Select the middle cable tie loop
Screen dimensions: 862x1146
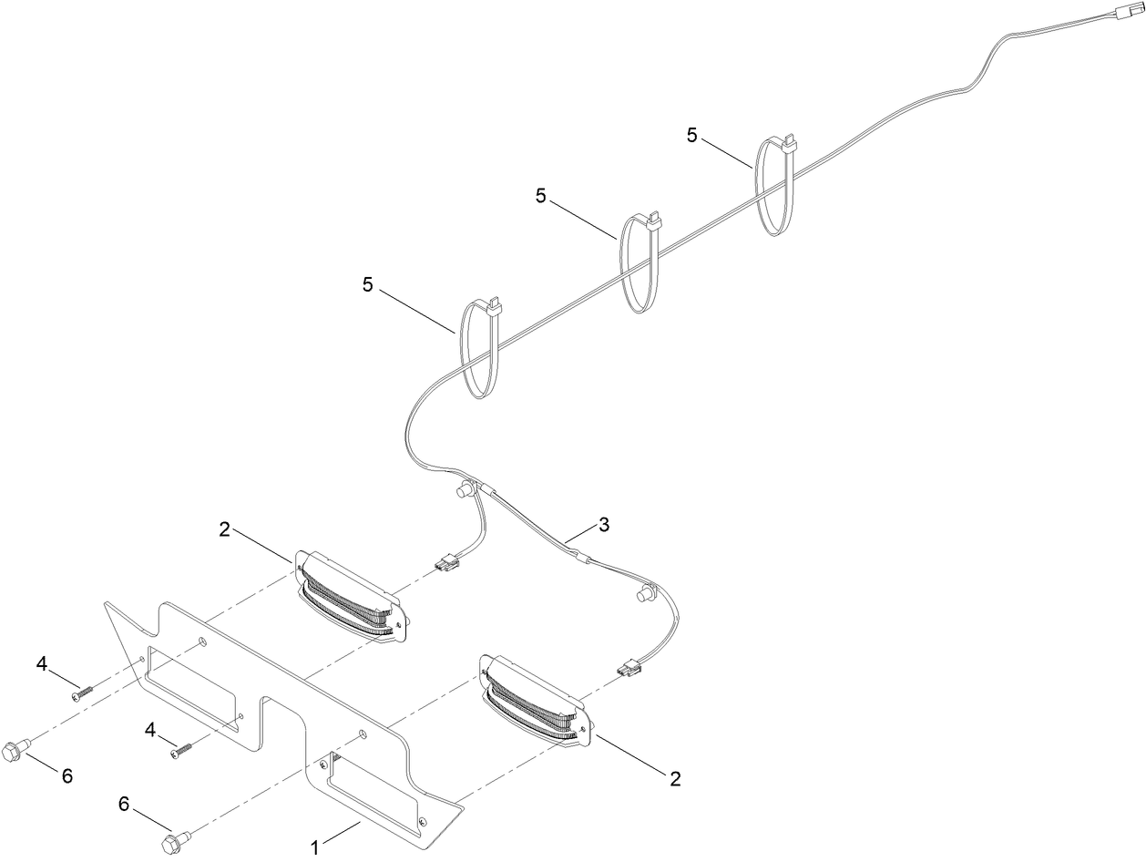[x=640, y=264]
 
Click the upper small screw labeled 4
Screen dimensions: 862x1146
[x=82, y=693]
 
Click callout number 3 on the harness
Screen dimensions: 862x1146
[x=604, y=526]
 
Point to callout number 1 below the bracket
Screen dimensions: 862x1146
[x=315, y=847]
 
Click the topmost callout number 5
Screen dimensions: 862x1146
[x=693, y=135]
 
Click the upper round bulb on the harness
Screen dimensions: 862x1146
[x=463, y=493]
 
